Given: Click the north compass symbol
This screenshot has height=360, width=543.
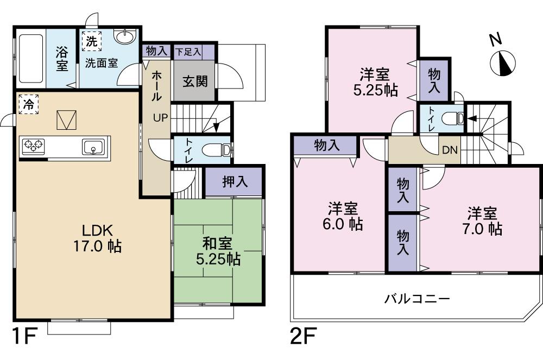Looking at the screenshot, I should click(502, 62).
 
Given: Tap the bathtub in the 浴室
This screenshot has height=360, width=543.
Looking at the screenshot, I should click(31, 58).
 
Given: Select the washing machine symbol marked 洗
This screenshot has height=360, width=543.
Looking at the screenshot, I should click(91, 41).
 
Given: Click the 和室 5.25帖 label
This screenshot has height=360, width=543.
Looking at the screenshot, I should click(218, 250).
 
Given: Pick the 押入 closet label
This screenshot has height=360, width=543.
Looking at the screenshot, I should click(235, 182).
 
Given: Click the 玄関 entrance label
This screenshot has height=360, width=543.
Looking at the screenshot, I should click(194, 81).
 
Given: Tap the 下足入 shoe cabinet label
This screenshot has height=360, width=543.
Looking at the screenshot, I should click(188, 52).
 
